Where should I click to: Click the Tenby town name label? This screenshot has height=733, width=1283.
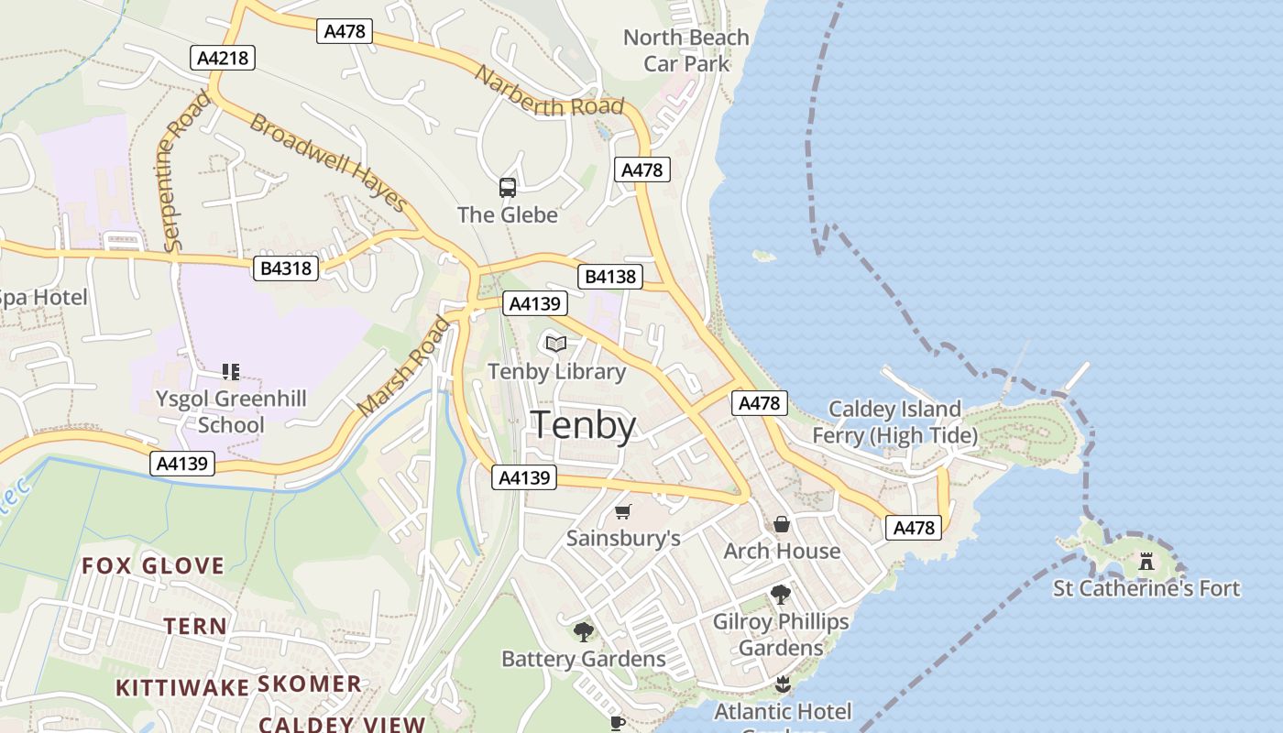click(583, 426)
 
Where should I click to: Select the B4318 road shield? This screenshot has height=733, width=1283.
click(286, 268)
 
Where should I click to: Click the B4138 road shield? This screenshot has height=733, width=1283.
click(610, 277)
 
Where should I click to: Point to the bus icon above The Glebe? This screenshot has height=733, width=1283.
click(508, 188)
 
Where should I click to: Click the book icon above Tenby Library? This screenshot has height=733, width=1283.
click(556, 345)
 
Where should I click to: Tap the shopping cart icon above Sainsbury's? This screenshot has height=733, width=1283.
click(623, 511)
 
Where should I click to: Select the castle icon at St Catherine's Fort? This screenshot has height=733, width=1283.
click(1146, 562)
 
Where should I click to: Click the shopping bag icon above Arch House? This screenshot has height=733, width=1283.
click(782, 524)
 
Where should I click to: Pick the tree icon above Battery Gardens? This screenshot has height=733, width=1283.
click(583, 631)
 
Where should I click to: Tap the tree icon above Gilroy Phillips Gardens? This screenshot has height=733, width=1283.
click(781, 595)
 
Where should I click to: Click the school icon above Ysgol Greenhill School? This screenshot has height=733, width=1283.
click(231, 372)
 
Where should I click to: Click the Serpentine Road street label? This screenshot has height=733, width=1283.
click(182, 171)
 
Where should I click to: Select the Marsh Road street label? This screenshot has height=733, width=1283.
click(404, 366)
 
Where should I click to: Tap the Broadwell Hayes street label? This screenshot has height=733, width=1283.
click(327, 162)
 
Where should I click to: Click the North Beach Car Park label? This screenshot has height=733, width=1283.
click(686, 50)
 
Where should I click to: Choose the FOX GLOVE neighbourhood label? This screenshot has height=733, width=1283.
click(153, 565)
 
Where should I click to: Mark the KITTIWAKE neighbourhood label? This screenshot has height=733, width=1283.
click(182, 687)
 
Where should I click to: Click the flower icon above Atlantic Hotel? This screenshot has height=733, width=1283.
click(782, 684)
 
